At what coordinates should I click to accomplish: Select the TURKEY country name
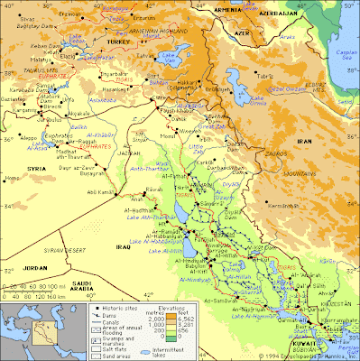coord(118,42)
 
